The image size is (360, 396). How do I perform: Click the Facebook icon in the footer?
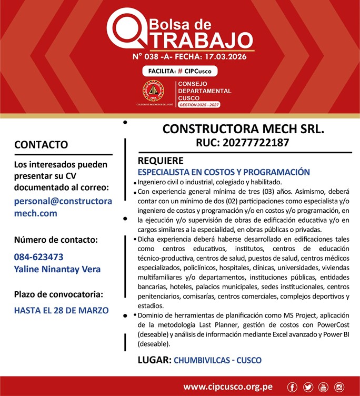tap(293, 387)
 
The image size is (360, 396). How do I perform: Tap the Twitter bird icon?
tap(308, 387)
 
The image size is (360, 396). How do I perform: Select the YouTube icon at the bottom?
tap(323, 387)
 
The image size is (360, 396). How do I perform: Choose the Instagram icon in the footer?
tap(339, 387)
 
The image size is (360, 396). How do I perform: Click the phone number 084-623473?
tap(39, 257)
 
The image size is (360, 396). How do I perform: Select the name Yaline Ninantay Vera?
tap(57, 269)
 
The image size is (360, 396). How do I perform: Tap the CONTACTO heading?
tap(41, 144)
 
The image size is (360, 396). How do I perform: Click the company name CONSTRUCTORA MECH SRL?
tap(243, 129)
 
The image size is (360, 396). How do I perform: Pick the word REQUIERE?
tap(161, 161)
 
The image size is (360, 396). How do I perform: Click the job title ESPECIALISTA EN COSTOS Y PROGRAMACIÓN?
tap(224, 172)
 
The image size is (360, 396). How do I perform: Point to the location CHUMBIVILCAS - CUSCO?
tap(217, 361)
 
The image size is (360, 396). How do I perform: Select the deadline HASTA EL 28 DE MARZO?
tap(61, 310)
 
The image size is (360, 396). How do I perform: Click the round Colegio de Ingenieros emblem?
tap(153, 92)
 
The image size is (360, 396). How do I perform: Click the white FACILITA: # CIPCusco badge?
tap(179, 71)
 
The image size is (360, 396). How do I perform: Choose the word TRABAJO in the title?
tap(198, 39)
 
